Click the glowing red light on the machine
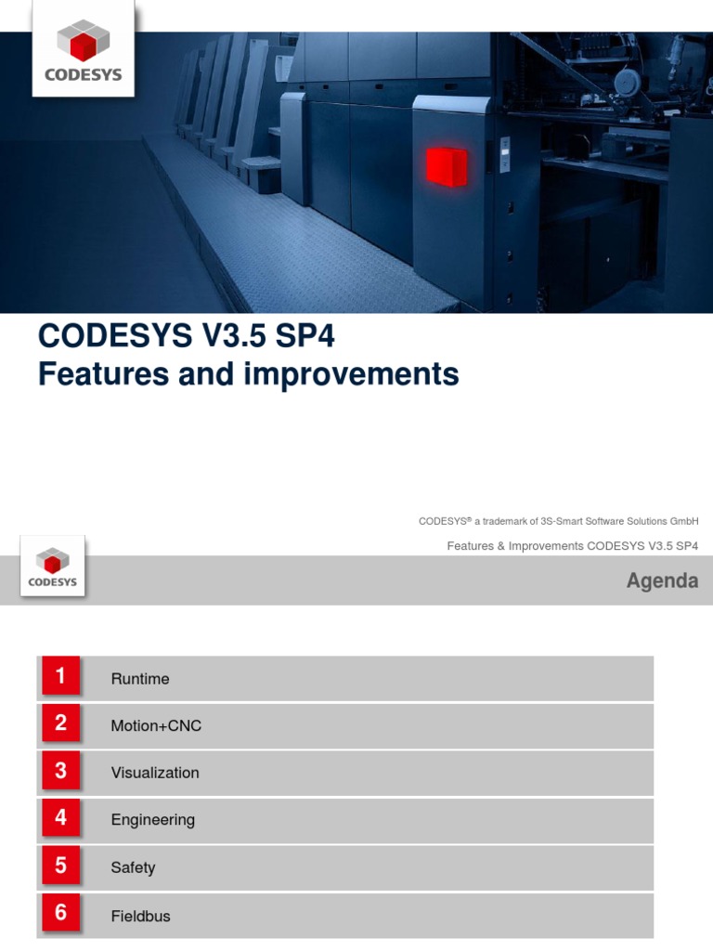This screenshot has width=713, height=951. click(447, 166)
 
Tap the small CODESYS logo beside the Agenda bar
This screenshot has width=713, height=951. click(53, 567)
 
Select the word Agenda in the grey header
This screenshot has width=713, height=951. click(662, 581)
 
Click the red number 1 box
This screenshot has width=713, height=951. click(60, 677)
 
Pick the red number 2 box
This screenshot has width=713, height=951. click(60, 723)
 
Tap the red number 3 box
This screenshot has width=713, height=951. click(60, 771)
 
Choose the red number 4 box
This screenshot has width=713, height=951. click(60, 818)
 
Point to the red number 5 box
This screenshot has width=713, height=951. click(60, 866)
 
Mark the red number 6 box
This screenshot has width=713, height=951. click(60, 914)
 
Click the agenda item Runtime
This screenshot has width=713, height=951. click(140, 679)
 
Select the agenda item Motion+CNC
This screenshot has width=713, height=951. click(156, 726)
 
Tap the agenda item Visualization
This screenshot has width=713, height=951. click(155, 773)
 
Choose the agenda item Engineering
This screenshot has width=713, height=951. click(153, 820)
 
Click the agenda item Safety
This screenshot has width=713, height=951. click(133, 867)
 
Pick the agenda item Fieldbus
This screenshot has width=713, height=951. click(141, 916)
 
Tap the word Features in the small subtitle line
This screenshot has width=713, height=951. click(471, 546)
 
